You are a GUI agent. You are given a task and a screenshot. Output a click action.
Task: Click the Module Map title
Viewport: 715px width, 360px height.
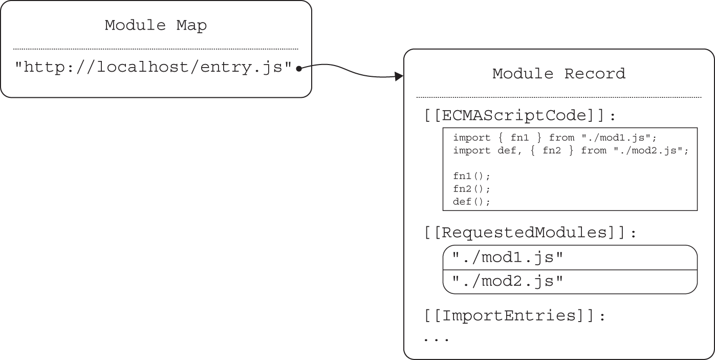click(156, 25)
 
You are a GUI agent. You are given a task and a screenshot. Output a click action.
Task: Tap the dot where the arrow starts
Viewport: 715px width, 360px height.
click(298, 68)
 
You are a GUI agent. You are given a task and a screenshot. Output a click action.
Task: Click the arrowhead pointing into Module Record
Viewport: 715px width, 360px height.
click(399, 77)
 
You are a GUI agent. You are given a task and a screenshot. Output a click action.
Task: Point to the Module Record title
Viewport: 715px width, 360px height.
click(558, 74)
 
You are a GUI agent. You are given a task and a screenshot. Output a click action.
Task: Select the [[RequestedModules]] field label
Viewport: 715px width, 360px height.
click(530, 233)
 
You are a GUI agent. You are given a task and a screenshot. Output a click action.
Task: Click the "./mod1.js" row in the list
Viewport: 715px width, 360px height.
click(507, 258)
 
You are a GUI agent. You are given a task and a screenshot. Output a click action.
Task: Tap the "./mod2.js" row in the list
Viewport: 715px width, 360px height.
click(507, 281)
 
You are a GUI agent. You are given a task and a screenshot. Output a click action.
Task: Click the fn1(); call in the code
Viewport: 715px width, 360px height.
click(471, 176)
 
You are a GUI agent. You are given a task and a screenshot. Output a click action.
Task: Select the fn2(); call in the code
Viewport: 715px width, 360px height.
click(471, 189)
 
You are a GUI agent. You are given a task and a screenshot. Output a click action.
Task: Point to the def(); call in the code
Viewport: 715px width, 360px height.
click(471, 202)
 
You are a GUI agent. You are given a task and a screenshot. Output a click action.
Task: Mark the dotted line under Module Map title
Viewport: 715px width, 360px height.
click(156, 49)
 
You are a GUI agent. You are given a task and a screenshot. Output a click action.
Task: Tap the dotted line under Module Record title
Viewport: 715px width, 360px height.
click(558, 97)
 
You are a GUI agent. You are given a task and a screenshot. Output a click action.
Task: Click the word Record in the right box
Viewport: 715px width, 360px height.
click(595, 74)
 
